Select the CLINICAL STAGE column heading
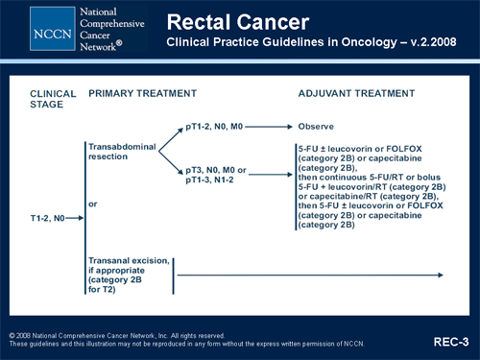click(52, 99)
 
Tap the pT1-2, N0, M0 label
click(213, 126)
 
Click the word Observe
click(316, 126)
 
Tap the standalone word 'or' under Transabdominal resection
click(92, 204)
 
